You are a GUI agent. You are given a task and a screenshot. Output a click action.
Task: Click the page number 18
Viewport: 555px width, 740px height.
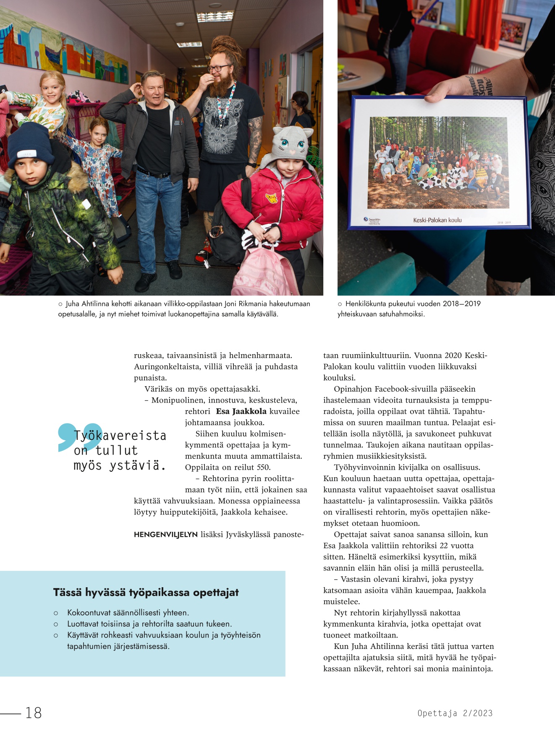(x=34, y=713)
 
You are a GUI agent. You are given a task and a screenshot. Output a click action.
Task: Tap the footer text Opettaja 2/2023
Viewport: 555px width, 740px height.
(x=455, y=713)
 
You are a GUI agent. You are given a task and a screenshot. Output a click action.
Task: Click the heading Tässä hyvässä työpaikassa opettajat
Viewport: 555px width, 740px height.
(x=146, y=592)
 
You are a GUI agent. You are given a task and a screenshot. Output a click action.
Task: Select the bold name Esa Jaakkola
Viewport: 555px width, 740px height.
(x=241, y=411)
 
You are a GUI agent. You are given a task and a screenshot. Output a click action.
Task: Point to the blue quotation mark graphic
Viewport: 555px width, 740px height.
(x=79, y=437)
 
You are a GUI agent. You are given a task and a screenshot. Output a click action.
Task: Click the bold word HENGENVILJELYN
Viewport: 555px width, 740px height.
(x=165, y=535)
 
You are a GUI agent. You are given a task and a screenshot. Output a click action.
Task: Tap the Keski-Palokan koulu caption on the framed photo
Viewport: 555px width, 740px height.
(x=437, y=220)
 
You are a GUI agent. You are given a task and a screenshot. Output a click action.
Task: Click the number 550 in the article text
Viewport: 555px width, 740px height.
(x=263, y=467)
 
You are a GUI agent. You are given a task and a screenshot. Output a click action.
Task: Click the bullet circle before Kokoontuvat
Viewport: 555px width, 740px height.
(x=56, y=613)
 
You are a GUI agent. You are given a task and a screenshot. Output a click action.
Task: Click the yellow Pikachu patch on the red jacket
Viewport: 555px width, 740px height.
(x=272, y=198)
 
